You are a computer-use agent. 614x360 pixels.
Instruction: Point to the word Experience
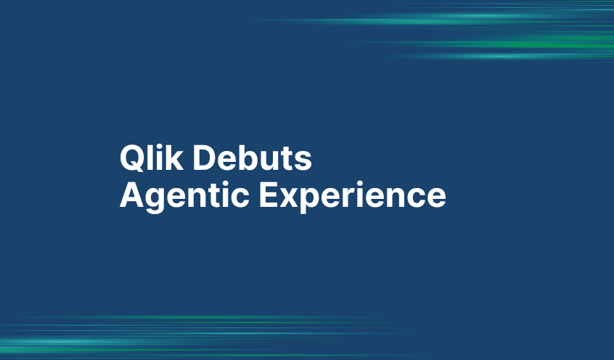point(352,195)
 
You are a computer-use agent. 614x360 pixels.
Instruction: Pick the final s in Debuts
point(304,161)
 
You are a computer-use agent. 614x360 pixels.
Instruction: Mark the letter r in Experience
point(357,197)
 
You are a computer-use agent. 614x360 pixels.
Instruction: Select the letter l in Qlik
point(147,158)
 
